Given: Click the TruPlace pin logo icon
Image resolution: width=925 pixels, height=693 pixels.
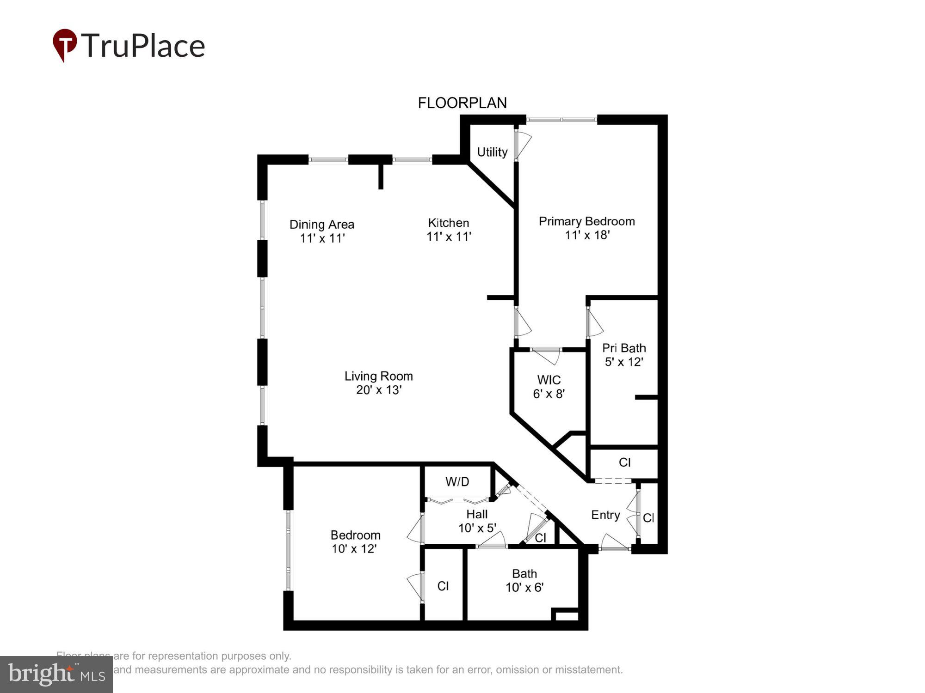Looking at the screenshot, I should (x=64, y=45).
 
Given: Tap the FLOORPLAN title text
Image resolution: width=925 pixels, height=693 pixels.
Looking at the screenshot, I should (x=462, y=103).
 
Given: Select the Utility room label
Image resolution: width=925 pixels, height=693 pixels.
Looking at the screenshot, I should (x=492, y=152).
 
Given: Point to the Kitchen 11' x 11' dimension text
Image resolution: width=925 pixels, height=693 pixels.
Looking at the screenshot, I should (x=448, y=237).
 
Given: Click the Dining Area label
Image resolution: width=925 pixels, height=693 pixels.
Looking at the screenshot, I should (x=321, y=225).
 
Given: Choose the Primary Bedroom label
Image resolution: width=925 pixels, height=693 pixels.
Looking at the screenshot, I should (x=586, y=221).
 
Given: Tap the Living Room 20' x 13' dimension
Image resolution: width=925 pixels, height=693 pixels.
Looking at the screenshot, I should (x=378, y=390).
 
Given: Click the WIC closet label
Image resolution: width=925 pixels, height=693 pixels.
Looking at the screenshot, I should (x=549, y=380).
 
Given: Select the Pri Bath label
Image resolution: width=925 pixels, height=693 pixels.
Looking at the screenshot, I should (x=623, y=348).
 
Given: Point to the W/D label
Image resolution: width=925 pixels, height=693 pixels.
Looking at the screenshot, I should (x=457, y=482).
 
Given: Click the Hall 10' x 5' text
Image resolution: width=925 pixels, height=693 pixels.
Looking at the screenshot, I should (x=477, y=521).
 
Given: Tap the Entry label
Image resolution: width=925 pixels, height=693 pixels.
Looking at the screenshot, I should (x=605, y=515).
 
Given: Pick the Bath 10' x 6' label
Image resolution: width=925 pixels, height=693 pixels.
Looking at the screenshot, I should (x=524, y=581).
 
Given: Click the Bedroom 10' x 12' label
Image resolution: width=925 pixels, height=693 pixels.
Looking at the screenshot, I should (x=355, y=542).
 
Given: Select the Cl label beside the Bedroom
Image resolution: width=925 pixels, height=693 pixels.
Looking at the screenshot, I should (x=443, y=586).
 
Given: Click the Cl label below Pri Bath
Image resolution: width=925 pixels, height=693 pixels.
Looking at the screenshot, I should (x=624, y=462).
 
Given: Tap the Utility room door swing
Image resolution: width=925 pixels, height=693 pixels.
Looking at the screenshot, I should (x=524, y=145).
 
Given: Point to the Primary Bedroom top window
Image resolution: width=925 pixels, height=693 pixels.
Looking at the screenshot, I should (x=561, y=120).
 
